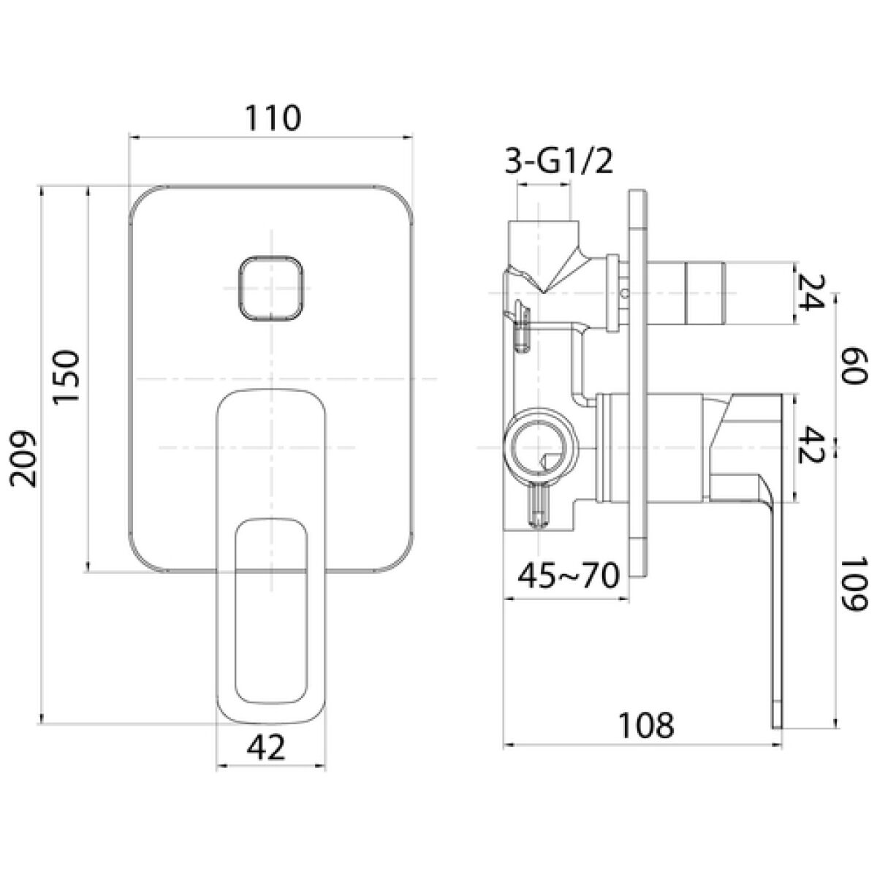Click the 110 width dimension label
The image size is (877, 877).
[x=273, y=118]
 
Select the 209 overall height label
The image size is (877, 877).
[x=23, y=459]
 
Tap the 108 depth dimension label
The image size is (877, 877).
[x=647, y=726]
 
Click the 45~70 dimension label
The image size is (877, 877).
[x=569, y=576]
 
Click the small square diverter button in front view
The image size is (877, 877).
[x=271, y=288]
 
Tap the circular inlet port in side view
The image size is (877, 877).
[x=540, y=447]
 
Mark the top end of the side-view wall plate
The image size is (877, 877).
[x=637, y=191]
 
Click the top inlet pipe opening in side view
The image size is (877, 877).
[x=544, y=222]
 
